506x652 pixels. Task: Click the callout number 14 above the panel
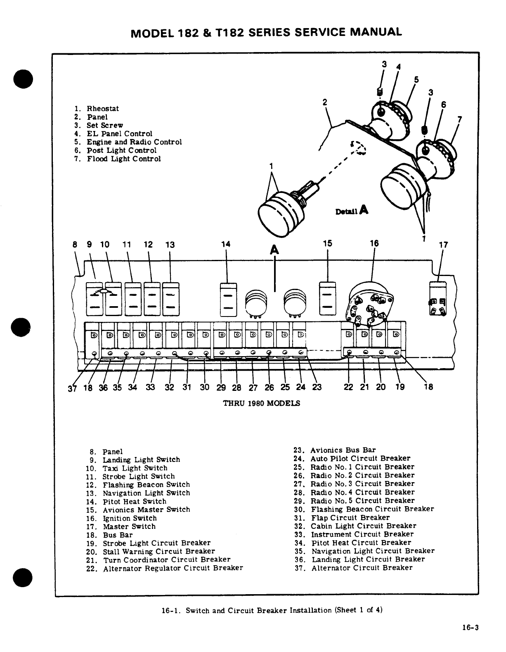pyautogui.click(x=225, y=244)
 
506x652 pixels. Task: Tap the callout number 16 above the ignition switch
pyautogui.click(x=374, y=243)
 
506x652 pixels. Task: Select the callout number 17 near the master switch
pyautogui.click(x=443, y=245)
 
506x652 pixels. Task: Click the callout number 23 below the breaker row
pyautogui.click(x=317, y=388)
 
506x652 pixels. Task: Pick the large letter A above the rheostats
pyautogui.click(x=274, y=250)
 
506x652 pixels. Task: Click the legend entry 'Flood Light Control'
pyautogui.click(x=123, y=159)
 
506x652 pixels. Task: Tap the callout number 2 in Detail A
pyautogui.click(x=325, y=102)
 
